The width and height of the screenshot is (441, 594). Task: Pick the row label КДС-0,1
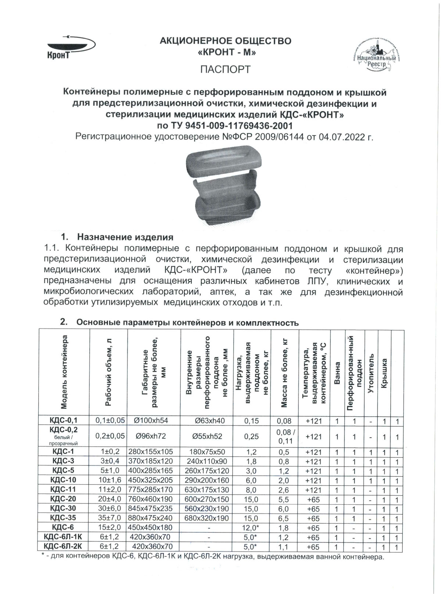click(64, 421)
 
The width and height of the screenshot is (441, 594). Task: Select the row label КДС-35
click(64, 518)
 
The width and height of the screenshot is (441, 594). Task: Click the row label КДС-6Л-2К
click(64, 547)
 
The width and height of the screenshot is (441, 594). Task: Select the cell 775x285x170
click(154, 490)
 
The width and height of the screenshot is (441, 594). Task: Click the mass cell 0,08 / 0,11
click(285, 436)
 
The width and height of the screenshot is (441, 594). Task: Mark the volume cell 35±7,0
click(109, 518)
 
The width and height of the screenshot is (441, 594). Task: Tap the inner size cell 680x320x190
click(208, 518)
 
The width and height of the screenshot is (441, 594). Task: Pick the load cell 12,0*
click(252, 528)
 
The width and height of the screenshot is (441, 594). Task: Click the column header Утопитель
click(371, 373)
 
